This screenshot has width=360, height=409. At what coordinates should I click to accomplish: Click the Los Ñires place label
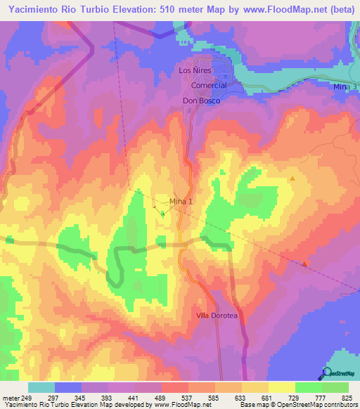tap(195, 71)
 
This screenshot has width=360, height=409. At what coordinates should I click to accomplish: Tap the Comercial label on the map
tap(209, 85)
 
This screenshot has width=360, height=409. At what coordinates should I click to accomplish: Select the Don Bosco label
tap(202, 101)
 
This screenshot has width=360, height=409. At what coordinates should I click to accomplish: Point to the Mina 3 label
tap(345, 86)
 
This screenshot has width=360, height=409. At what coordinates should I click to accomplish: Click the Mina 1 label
tap(181, 202)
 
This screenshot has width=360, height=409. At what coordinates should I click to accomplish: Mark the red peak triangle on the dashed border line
tap(305, 264)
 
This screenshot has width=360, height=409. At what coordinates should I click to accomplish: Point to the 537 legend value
tap(188, 398)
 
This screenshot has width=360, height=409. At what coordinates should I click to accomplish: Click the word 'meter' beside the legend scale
tap(9, 398)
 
